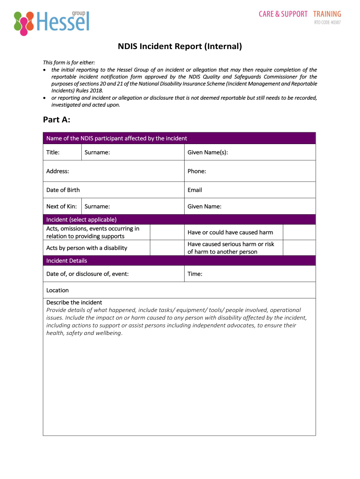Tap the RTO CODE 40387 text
coord(327,23)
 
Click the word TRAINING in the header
coord(327,14)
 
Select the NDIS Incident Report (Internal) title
coord(180,46)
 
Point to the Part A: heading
coord(57,120)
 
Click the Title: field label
coord(53,152)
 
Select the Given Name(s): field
coord(250,152)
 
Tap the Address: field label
coord(58,171)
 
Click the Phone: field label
coord(196,171)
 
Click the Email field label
coord(194,190)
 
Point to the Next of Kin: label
coord(61,206)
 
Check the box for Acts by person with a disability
coord(167,248)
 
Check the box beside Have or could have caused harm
coord(299,232)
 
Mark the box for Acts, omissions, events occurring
coord(167,232)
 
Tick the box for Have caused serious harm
coord(299,248)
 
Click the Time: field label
coord(194,274)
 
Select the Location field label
coord(58,290)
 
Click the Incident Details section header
coord(66,261)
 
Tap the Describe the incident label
coord(74,302)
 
